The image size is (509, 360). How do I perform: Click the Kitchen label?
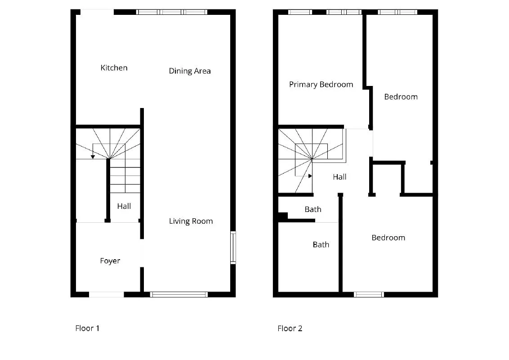click(114, 67)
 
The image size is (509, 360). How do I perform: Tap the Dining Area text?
click(190, 71)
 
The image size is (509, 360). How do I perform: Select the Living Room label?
click(191, 221)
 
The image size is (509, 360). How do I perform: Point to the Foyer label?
click(110, 261)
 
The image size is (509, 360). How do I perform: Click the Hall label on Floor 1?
click(124, 206)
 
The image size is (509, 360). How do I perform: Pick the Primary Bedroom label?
click(321, 85)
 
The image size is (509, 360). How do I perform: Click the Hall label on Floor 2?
click(339, 177)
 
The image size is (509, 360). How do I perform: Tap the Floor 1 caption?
click(87, 328)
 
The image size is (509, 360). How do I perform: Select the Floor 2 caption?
click(290, 328)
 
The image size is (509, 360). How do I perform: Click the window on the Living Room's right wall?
click(233, 247)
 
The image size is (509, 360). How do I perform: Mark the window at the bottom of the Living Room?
click(179, 295)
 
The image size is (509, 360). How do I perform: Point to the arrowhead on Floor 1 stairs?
click(93, 157)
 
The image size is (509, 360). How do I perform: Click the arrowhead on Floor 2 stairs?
click(310, 176)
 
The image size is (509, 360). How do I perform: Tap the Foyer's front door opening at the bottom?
click(107, 295)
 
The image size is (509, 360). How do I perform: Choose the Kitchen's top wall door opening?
click(97, 12)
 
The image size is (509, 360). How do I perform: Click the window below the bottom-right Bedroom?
click(369, 295)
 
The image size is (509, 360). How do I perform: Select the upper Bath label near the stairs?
click(313, 209)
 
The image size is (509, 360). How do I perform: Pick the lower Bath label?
click(321, 244)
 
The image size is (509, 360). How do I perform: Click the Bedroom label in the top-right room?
click(401, 97)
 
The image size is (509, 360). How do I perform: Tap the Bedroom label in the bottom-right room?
click(388, 238)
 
